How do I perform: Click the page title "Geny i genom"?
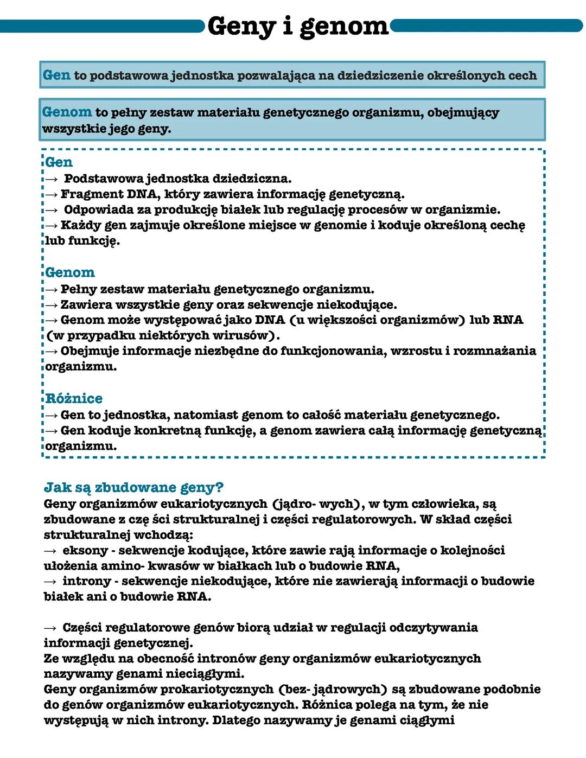click(297, 26)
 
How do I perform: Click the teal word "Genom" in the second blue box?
click(67, 112)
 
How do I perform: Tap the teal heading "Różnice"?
click(74, 398)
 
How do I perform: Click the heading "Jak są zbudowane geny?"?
click(133, 487)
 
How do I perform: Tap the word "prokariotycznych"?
click(215, 690)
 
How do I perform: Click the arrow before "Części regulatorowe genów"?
click(50, 628)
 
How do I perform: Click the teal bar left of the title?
click(103, 26)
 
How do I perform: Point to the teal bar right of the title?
click(486, 26)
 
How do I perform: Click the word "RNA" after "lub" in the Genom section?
click(508, 320)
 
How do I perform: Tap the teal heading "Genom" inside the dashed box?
click(70, 272)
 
